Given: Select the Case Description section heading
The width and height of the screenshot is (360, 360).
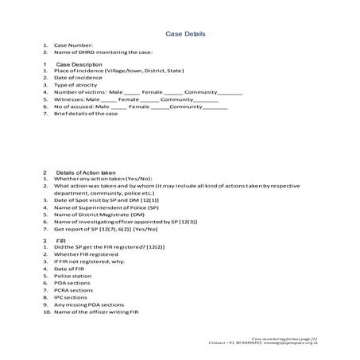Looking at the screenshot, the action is point(79,64).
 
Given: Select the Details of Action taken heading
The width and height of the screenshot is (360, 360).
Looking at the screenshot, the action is point(92,172).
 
